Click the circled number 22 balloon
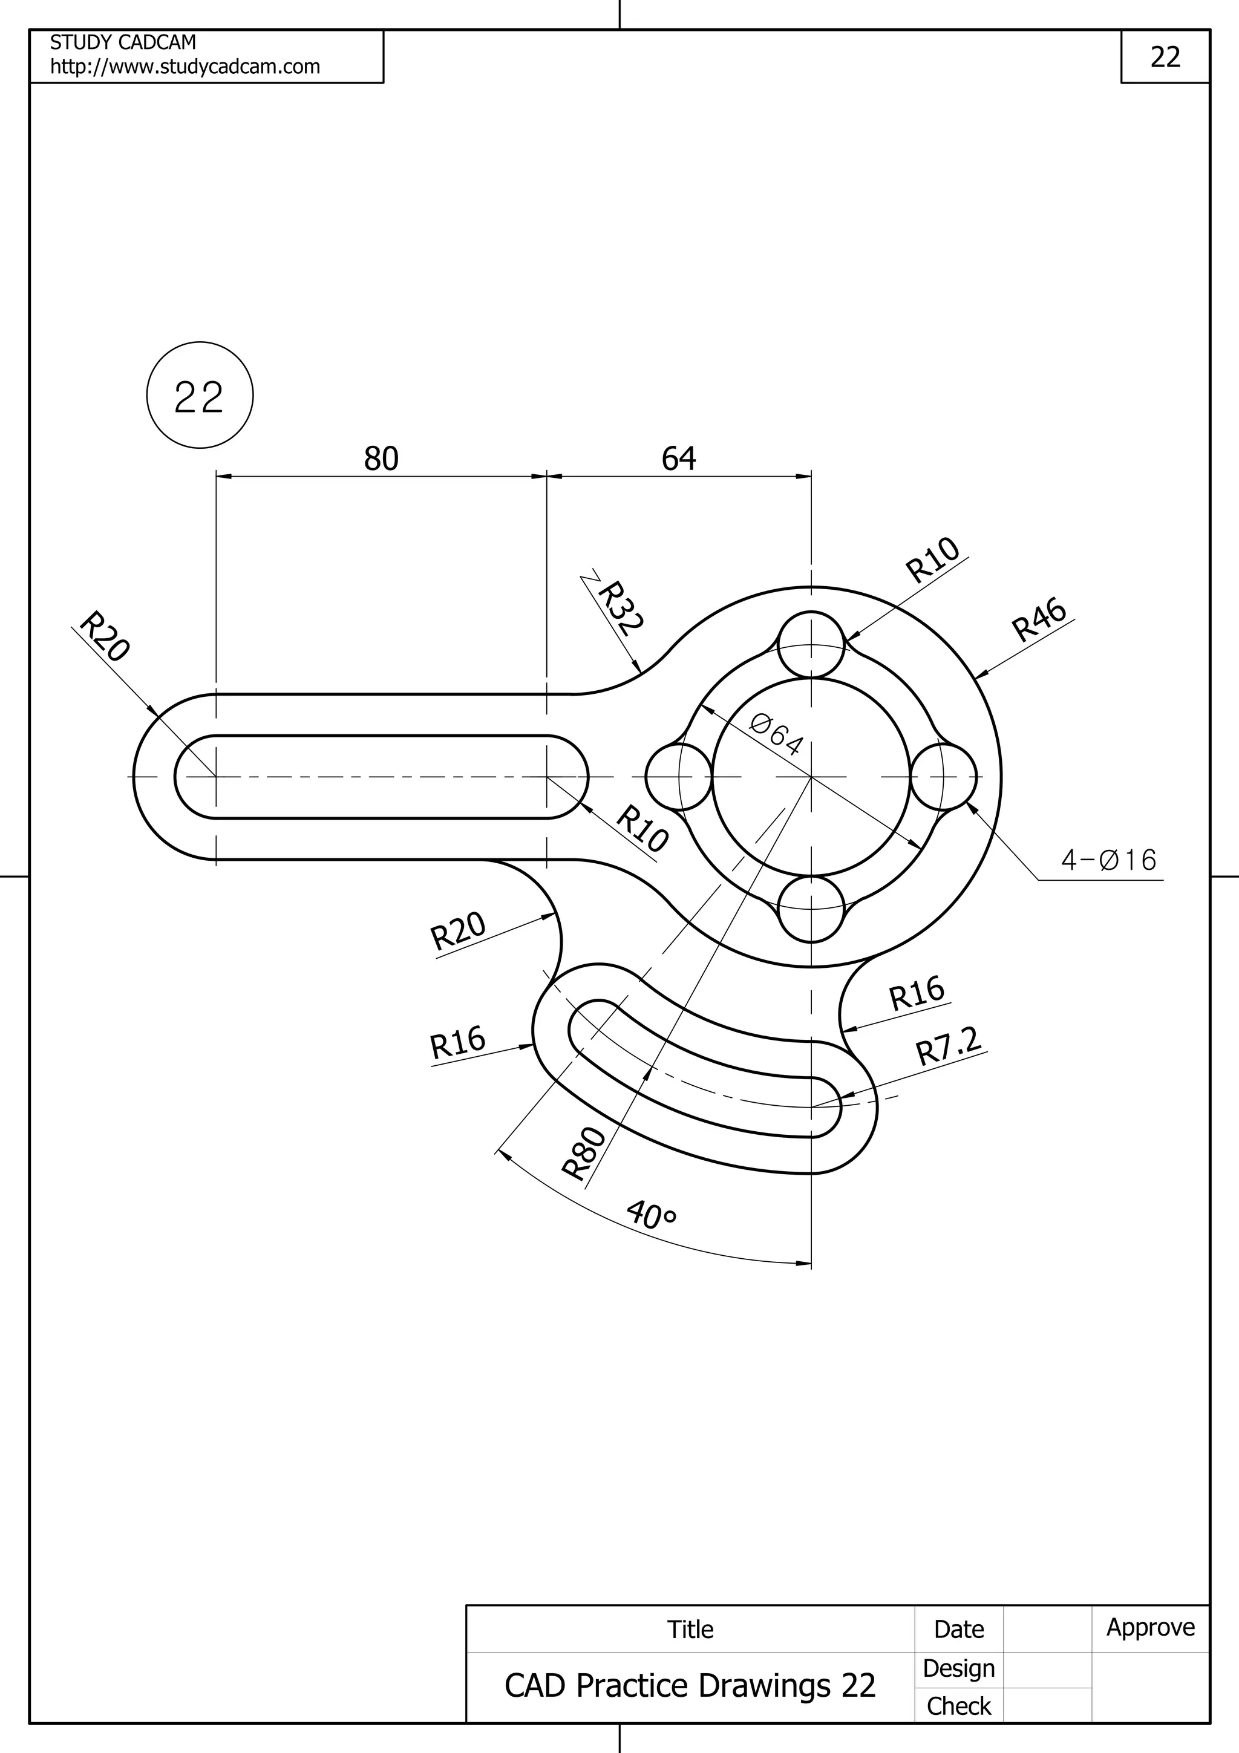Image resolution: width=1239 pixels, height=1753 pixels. [x=199, y=396]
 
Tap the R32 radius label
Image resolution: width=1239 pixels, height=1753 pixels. [x=621, y=609]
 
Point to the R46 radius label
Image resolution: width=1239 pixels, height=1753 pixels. [x=1038, y=620]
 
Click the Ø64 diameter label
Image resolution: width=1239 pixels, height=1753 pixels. [x=776, y=734]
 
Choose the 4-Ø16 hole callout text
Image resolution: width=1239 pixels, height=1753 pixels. [x=1108, y=860]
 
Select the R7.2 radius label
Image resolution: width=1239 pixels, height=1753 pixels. [x=948, y=1046]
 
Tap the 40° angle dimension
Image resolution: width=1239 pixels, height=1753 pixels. [x=651, y=1215]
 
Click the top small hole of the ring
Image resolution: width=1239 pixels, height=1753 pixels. [x=811, y=644]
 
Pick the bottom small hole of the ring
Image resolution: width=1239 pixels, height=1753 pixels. [x=811, y=909]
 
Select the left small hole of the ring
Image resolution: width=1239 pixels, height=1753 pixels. [x=679, y=777]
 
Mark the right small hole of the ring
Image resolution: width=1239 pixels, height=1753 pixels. [x=944, y=777]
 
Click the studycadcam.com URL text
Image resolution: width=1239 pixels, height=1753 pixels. [x=185, y=67]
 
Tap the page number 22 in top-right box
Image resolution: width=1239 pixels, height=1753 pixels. [x=1165, y=57]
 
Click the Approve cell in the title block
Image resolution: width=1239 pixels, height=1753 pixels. [x=1151, y=1627]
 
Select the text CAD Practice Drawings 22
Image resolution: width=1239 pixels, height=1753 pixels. [x=689, y=1686]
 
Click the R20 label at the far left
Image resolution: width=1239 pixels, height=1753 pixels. [x=105, y=635]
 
